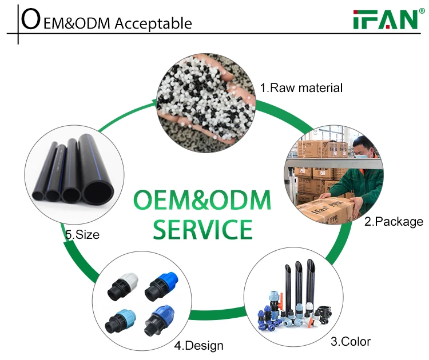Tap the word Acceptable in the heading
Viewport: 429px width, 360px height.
tap(153, 23)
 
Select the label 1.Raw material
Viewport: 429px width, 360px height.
tap(301, 88)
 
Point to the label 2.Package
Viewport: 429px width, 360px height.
tap(394, 221)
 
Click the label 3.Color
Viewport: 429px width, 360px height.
tap(351, 342)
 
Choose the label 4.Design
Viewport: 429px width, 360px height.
tap(200, 345)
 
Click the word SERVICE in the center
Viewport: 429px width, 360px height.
tap(203, 229)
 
